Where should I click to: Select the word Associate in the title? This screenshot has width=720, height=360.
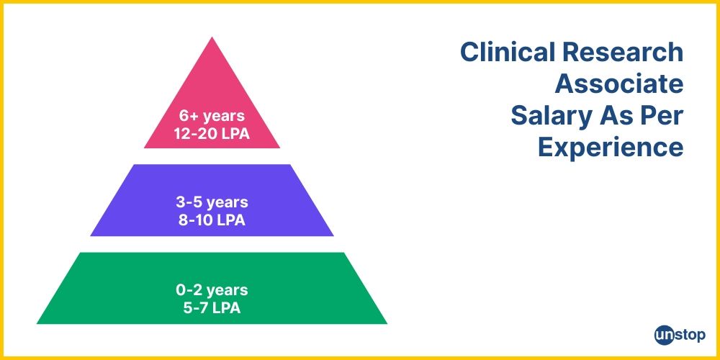click(x=618, y=84)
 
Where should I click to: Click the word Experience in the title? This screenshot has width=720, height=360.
click(x=611, y=148)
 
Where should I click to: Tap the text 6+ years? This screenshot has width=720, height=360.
click(x=212, y=116)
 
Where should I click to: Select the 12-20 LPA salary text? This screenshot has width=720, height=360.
click(x=212, y=133)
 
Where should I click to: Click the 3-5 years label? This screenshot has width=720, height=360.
click(x=212, y=203)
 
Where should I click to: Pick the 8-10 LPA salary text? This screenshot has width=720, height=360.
click(x=212, y=220)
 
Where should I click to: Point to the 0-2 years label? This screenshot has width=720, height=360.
click(x=212, y=291)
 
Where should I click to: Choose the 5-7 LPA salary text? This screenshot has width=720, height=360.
click(x=212, y=308)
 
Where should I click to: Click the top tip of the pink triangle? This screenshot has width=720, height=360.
click(x=212, y=37)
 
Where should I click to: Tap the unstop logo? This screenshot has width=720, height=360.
click(x=680, y=335)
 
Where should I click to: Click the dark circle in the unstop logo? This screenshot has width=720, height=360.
click(x=663, y=335)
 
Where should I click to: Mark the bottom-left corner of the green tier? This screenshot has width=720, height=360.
click(x=37, y=323)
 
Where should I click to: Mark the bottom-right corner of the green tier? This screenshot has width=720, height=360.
click(x=387, y=323)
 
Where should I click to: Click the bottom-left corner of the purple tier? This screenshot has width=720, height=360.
click(x=91, y=235)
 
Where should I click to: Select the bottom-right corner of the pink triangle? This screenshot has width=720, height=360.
click(x=279, y=148)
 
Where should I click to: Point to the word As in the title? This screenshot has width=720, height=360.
click(x=610, y=116)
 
